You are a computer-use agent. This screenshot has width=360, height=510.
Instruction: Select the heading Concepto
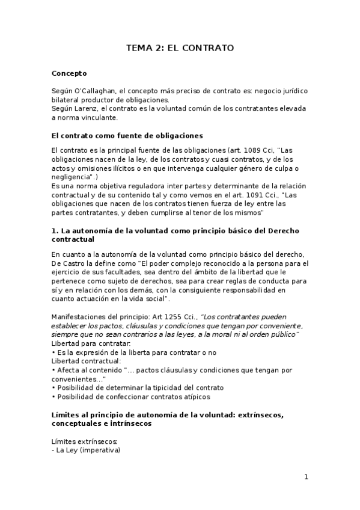69,73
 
